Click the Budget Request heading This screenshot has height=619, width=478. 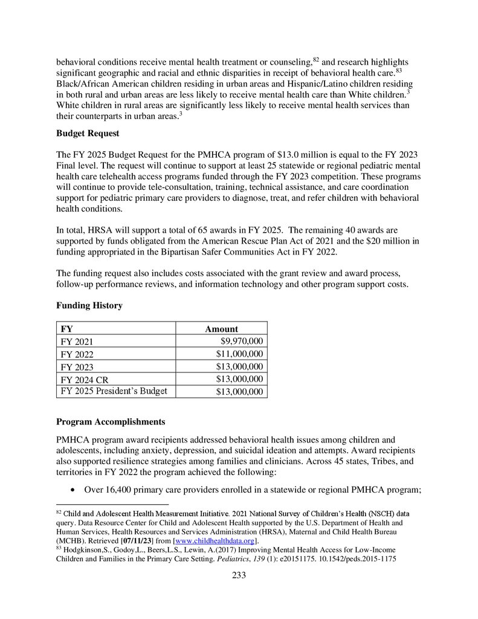click(x=88, y=133)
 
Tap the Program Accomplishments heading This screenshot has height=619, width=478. click(x=110, y=421)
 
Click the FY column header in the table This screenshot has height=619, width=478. click(x=67, y=329)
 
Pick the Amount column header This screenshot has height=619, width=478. click(x=221, y=329)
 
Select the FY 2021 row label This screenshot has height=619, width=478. click(x=77, y=342)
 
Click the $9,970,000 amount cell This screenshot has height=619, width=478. click(x=242, y=342)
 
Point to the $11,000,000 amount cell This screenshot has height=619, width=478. click(x=240, y=354)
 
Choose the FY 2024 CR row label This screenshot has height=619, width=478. click(x=84, y=380)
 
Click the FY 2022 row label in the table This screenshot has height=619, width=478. click(x=77, y=354)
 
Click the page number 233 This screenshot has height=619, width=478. click(x=239, y=575)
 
